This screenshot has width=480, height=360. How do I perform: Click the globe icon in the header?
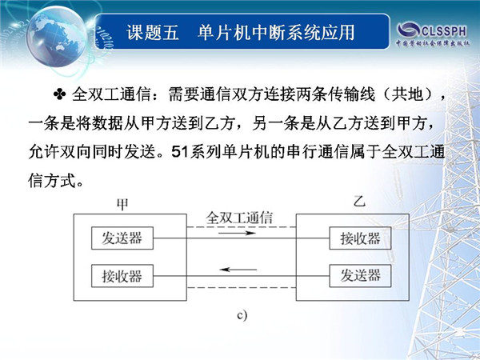coord(57,36)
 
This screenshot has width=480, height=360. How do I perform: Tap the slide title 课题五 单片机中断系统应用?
coord(241,32)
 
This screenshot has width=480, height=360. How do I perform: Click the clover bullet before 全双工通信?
coord(59,94)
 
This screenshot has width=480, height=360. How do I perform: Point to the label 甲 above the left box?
coord(122,205)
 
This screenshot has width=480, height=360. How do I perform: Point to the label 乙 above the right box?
coord(359,202)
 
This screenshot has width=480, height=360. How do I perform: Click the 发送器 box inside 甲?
coord(122,238)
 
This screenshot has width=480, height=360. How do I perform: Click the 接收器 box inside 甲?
coord(122,276)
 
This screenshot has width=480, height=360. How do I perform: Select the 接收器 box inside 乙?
coord(360,238)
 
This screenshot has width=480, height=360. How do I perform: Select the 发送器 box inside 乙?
coord(360,276)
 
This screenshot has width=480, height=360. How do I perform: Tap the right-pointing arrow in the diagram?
coord(238,233)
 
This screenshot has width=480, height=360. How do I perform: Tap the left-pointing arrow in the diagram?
coord(238,270)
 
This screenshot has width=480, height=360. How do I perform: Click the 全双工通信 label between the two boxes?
coord(239,218)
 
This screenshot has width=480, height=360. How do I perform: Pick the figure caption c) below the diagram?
coord(242,315)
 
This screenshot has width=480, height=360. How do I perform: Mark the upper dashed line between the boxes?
coord(242,227)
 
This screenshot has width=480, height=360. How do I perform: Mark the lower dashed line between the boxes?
coord(242,288)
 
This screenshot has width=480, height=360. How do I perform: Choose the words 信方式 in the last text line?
coord(52,181)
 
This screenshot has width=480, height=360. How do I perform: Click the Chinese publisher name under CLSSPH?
coord(433,43)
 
